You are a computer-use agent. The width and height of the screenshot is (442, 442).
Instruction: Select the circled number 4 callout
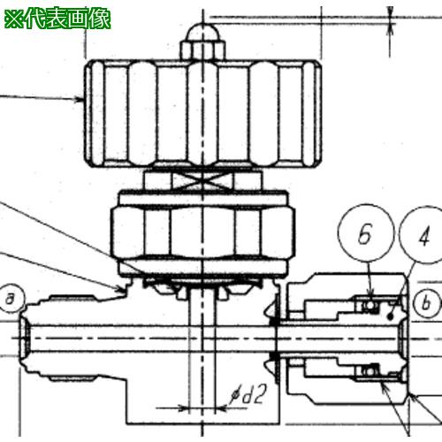[422, 235]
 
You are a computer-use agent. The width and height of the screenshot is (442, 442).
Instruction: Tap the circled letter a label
[11, 299]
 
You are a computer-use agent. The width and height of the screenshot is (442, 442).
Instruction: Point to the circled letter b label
[426, 303]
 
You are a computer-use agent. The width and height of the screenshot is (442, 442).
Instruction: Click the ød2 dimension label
[248, 394]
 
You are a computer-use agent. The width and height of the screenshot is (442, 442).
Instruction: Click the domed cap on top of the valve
[202, 33]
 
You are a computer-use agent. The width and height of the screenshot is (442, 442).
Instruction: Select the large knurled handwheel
[202, 113]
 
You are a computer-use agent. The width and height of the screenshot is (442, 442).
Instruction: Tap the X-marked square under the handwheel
[202, 181]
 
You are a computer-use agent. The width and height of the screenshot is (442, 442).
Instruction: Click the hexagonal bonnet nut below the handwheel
[202, 233]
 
